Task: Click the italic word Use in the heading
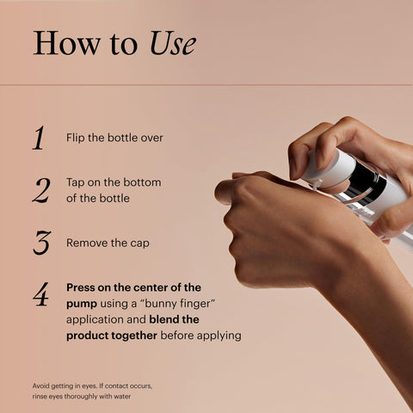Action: [173, 44]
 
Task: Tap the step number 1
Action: [39, 138]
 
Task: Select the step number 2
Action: [40, 190]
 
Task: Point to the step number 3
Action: [40, 243]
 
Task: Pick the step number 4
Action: [40, 295]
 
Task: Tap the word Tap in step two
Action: [77, 182]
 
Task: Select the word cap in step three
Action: [139, 243]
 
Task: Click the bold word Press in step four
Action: [83, 287]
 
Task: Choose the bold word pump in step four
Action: [82, 304]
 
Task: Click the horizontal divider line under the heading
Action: [206, 84]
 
